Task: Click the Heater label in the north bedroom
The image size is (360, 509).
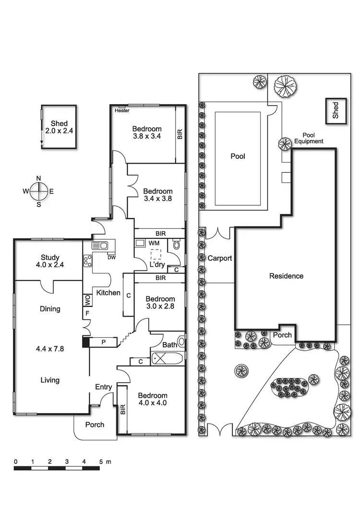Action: point(122,110)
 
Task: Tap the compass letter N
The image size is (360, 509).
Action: point(39,178)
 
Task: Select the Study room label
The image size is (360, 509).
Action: point(50,258)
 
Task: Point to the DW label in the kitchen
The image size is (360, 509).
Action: point(112,258)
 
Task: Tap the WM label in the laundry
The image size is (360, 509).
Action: point(154,243)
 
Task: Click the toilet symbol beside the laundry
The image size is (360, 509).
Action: point(177,244)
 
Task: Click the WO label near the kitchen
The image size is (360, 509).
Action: point(87,300)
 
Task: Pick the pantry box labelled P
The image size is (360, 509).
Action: point(103,342)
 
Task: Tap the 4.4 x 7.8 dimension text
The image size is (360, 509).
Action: point(50,349)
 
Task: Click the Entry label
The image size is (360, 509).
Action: point(103,387)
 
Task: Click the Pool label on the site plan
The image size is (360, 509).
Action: point(238,156)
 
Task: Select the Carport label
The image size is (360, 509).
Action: point(220,258)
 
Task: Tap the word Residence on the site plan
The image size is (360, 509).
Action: point(286,276)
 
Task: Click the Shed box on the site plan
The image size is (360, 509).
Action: point(336,111)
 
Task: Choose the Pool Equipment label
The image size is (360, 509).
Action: point(309,138)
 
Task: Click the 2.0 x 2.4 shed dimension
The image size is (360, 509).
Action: point(59,131)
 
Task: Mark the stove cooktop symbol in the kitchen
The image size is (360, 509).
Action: point(88,261)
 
